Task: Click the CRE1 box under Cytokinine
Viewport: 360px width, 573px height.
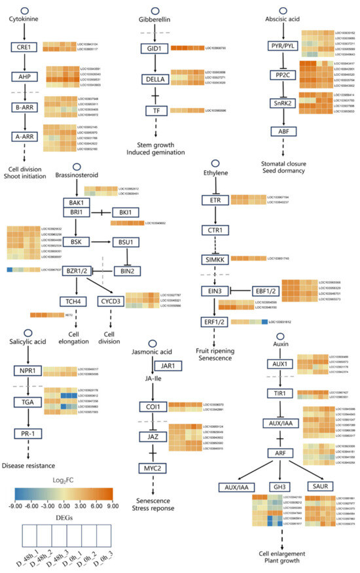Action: coord(25,47)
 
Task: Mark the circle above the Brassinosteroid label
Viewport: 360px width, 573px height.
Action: coord(80,167)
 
